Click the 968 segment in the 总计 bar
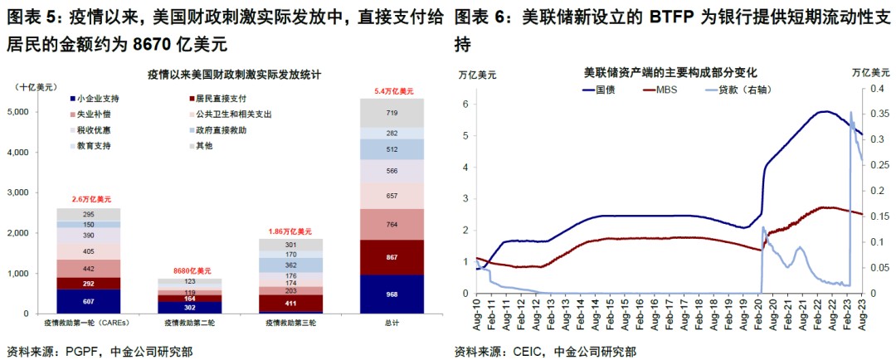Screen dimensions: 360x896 [x=392, y=294]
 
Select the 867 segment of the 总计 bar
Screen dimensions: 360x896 [x=392, y=257]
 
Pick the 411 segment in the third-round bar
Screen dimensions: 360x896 [x=290, y=303]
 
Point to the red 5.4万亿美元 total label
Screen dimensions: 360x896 [x=392, y=90]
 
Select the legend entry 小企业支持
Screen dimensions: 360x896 [x=99, y=98]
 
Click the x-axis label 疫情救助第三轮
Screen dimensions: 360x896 [x=290, y=322]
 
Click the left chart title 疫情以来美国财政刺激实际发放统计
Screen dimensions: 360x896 [x=234, y=75]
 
